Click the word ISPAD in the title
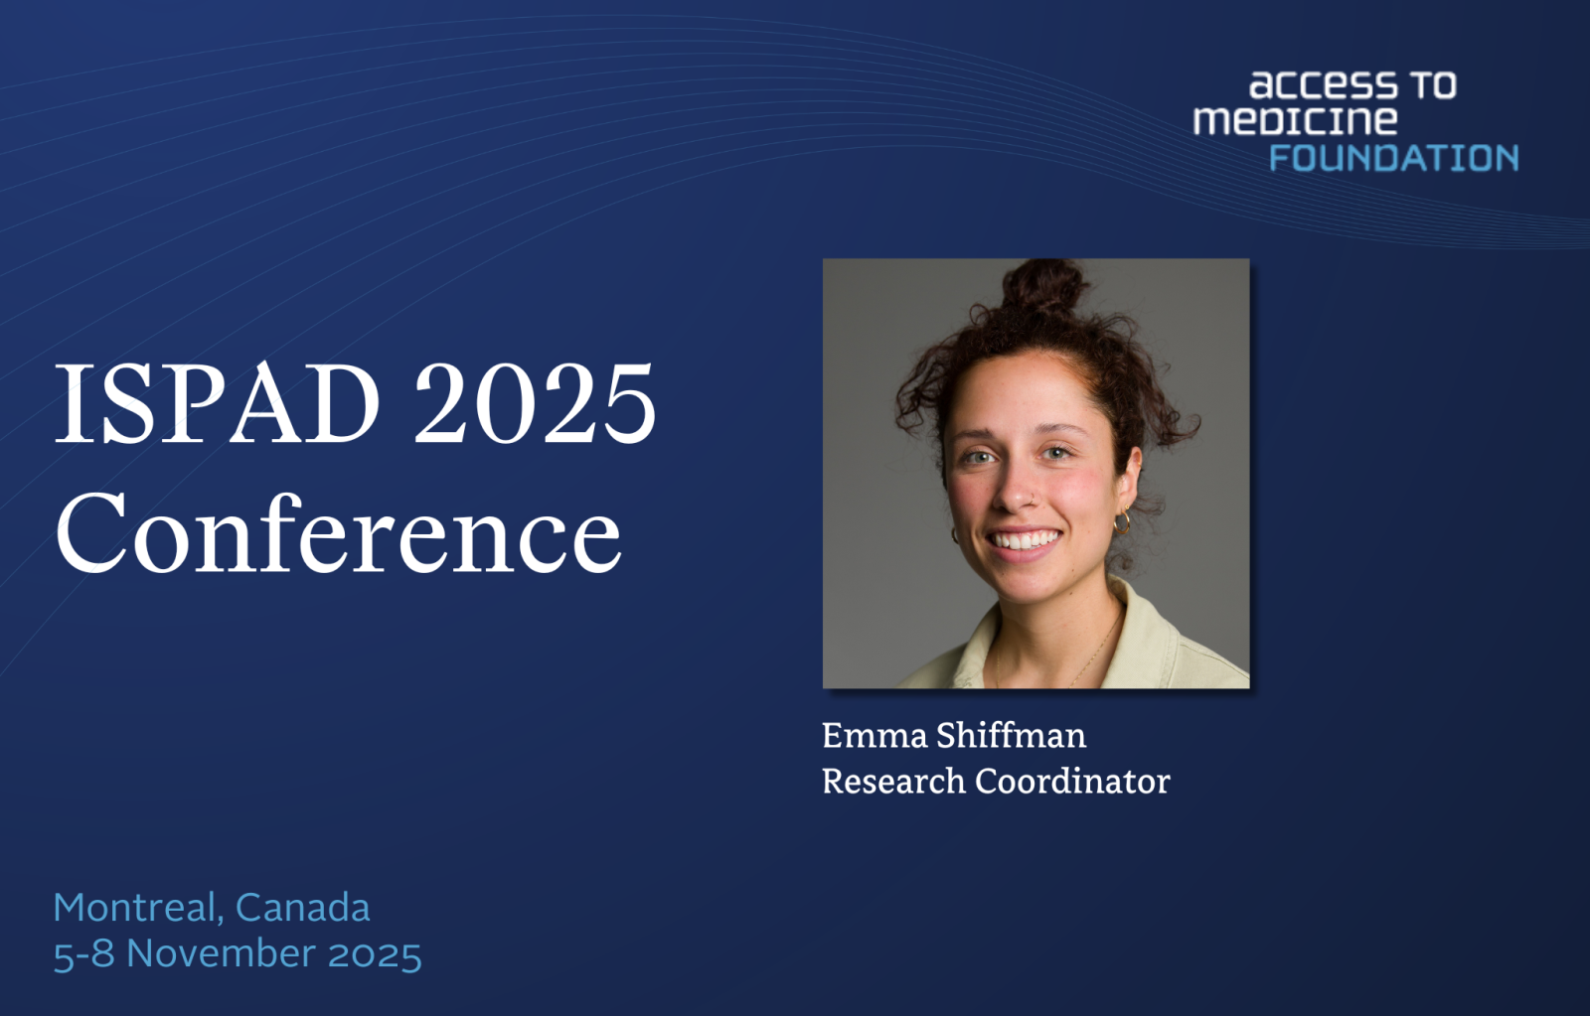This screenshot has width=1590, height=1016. pyautogui.click(x=218, y=403)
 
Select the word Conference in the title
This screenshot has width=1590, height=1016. pyautogui.click(x=339, y=532)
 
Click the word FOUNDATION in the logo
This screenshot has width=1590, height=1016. pyautogui.click(x=1393, y=158)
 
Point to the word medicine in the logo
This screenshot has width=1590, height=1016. pyautogui.click(x=1295, y=120)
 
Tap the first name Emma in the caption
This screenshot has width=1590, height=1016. pyautogui.click(x=874, y=736)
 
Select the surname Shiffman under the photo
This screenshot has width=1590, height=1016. pyautogui.click(x=1011, y=735)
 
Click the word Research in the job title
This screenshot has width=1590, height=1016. pyautogui.click(x=893, y=782)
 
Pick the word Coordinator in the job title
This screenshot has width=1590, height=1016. pyautogui.click(x=1072, y=782)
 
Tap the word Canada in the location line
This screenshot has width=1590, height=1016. pyautogui.click(x=302, y=908)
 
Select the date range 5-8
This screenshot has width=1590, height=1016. pyautogui.click(x=83, y=953)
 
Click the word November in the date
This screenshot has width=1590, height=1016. pyautogui.click(x=221, y=953)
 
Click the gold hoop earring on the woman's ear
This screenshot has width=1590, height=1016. pyautogui.click(x=1122, y=521)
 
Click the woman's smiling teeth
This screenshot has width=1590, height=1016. pyautogui.click(x=1023, y=540)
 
